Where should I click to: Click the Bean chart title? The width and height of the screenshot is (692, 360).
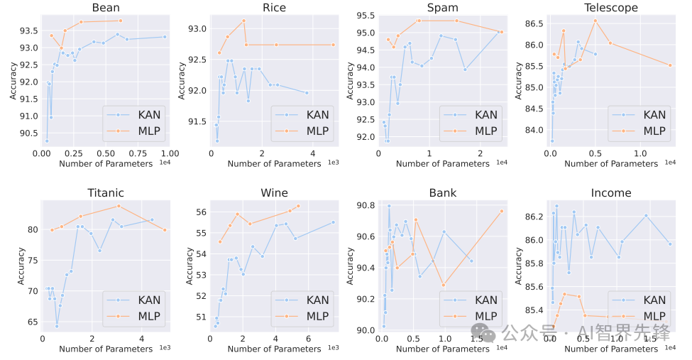[x=106, y=8]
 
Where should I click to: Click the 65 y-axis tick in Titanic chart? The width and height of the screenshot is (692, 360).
[x=31, y=322]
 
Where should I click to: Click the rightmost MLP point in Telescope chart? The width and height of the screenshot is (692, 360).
[x=670, y=65]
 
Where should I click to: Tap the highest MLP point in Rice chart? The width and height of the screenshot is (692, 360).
[x=243, y=21]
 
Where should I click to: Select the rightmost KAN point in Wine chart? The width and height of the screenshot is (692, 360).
[x=334, y=222]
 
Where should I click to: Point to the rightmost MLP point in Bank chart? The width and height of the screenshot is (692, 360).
[x=502, y=211]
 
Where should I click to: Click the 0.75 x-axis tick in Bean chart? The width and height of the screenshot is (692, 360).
[x=137, y=153]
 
